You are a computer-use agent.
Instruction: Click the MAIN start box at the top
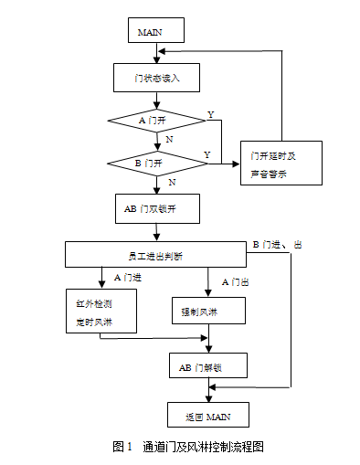(156, 31)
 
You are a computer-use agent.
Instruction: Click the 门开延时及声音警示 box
(281, 164)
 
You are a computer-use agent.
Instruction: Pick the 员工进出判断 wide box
(156, 254)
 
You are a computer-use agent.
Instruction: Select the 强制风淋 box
(207, 312)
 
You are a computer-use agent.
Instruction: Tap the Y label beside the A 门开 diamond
(211, 114)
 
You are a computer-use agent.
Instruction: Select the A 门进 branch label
(129, 276)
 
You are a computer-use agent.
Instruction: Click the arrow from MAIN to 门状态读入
(156, 53)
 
